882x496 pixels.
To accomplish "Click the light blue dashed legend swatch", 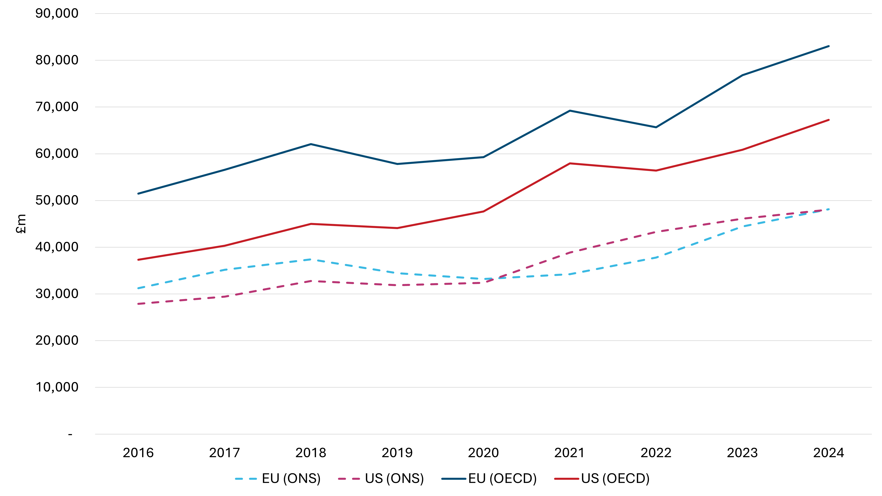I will (246, 479).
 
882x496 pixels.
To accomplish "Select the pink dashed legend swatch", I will (349, 479).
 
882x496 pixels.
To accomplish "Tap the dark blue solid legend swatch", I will (454, 479).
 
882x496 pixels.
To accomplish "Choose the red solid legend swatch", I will (567, 479).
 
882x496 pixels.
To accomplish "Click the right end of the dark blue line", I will (829, 46).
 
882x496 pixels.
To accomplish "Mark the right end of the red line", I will (829, 120).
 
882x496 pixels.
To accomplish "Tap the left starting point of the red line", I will (138, 260).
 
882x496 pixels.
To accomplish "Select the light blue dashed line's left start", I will (138, 288).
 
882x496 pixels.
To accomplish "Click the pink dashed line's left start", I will (138, 304).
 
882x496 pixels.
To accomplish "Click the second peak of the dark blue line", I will (570, 111).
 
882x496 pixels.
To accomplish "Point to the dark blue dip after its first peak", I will (397, 164).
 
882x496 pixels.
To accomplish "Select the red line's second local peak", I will (570, 163).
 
